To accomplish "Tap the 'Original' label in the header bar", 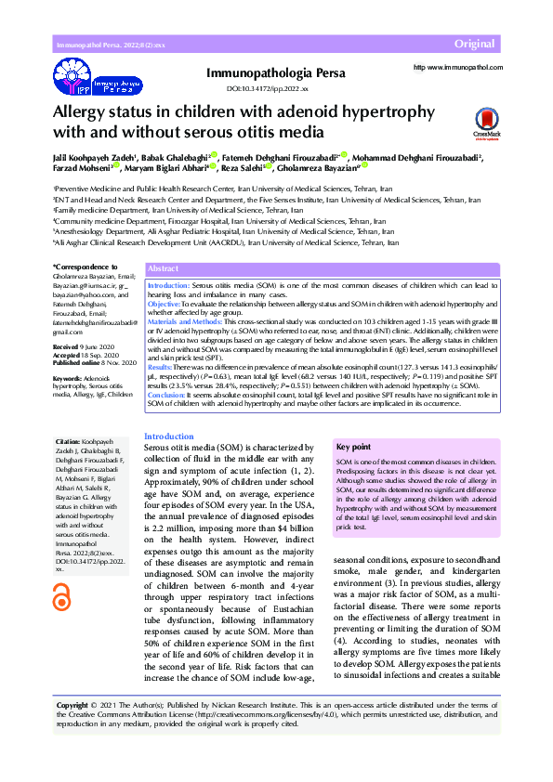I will coord(474,45).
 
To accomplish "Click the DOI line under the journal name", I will coord(267,89).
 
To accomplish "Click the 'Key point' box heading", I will coord(353,446).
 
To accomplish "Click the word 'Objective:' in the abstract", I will coord(165,305).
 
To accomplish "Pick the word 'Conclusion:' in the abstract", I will coord(168,395).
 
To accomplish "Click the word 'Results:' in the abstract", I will coord(161,368).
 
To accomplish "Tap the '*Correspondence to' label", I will coord(82,267).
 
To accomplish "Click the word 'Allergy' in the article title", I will coord(84,112).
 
